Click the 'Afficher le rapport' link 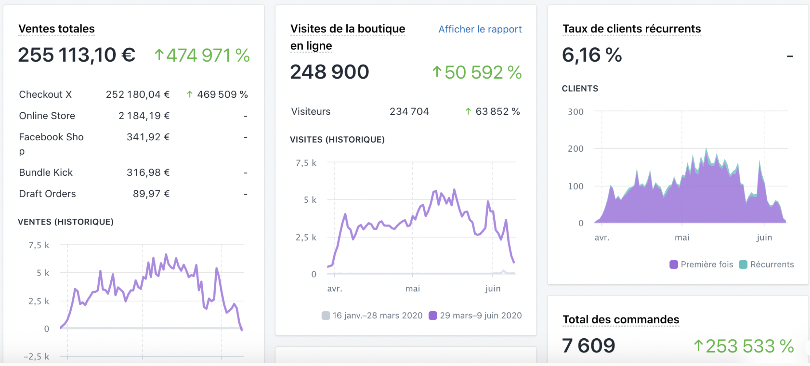(480, 29)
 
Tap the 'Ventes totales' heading (56, 28)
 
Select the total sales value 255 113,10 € (76, 55)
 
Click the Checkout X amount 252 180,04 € (138, 94)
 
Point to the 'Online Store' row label (47, 116)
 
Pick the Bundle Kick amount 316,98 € (148, 172)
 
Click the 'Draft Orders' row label (47, 194)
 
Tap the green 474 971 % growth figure (202, 55)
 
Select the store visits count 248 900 (329, 72)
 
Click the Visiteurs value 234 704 (409, 111)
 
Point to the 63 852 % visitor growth (493, 111)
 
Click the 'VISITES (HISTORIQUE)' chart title (337, 140)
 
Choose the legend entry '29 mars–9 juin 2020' (476, 315)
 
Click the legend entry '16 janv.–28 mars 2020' (372, 315)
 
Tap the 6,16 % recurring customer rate (592, 55)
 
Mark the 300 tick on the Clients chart (575, 112)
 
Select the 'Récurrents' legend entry (767, 264)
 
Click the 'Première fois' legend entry (701, 264)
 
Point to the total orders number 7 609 (588, 346)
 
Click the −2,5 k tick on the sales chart (36, 356)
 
